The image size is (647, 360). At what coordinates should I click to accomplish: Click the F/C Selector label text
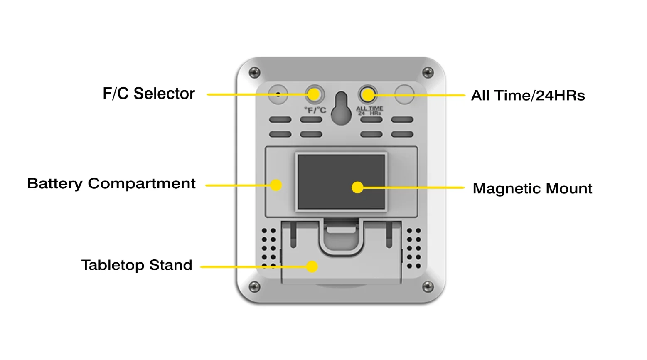tap(149, 94)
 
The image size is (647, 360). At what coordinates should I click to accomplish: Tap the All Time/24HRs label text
tap(528, 96)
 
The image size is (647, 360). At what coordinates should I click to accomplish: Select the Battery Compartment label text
tap(111, 184)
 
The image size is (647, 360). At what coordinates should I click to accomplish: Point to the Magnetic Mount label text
tap(532, 188)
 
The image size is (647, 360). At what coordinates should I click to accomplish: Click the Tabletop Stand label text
tap(137, 265)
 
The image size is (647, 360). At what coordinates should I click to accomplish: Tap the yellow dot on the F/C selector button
tap(314, 94)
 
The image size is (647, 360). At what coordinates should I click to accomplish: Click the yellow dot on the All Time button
tap(368, 95)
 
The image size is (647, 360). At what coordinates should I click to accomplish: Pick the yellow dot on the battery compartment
tap(276, 185)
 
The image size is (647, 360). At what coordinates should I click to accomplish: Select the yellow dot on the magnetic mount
tap(358, 187)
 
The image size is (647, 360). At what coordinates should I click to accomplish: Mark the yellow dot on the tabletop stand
tap(312, 267)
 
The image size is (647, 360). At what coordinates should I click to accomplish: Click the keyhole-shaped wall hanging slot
tap(342, 108)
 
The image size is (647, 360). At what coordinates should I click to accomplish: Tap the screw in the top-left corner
tap(254, 72)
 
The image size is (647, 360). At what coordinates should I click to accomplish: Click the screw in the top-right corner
tap(428, 72)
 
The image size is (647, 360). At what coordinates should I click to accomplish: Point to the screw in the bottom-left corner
tap(254, 286)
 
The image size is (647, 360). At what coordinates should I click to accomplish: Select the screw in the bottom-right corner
tap(428, 286)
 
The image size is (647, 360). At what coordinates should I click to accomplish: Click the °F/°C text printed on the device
tap(315, 110)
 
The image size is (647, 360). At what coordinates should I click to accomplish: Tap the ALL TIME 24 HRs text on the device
tap(370, 111)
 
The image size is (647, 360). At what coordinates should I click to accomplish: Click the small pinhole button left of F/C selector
tap(278, 94)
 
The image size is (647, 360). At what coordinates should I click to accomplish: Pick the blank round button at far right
tap(404, 94)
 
